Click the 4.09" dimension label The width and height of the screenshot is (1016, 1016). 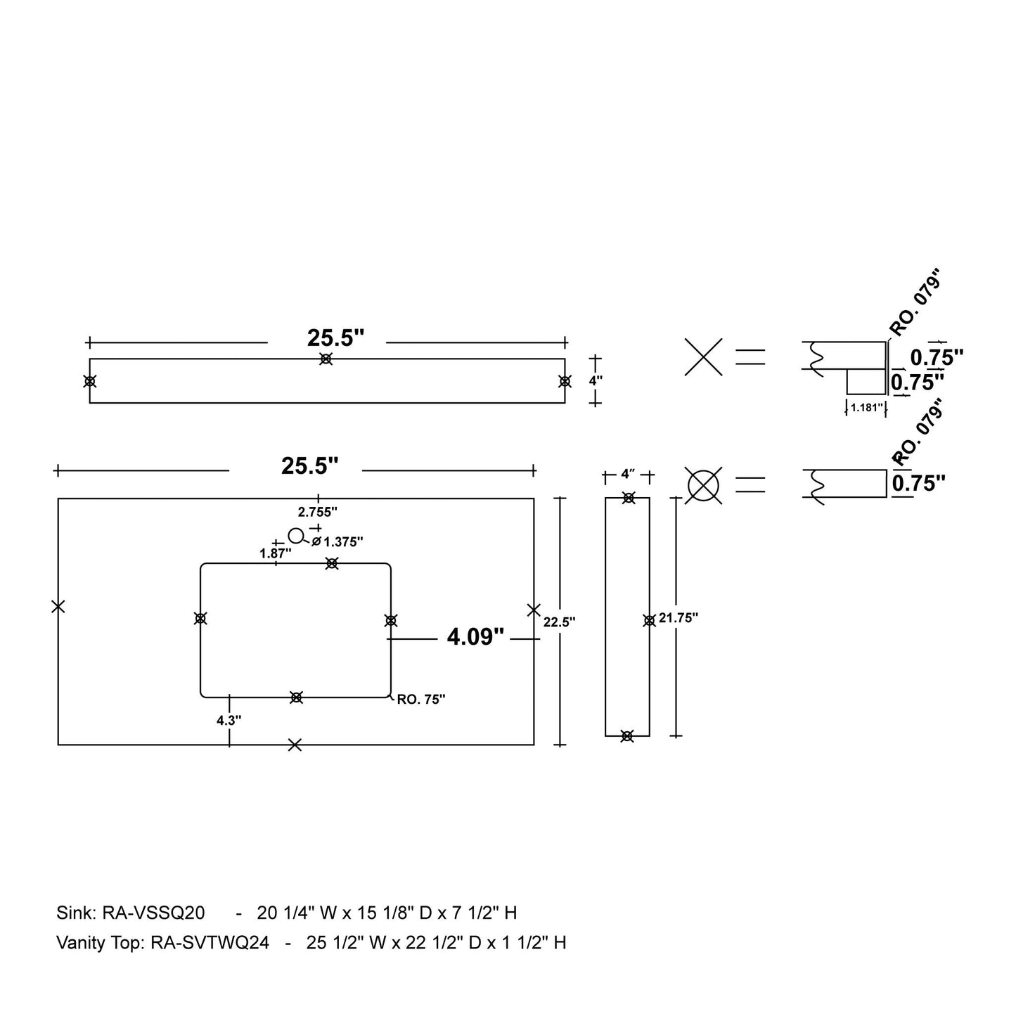(x=476, y=637)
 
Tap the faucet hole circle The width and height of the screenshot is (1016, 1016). (x=296, y=536)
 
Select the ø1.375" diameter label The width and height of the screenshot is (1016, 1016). (x=337, y=542)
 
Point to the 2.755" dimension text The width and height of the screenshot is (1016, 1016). (x=318, y=512)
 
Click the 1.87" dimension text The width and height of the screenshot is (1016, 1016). (x=275, y=553)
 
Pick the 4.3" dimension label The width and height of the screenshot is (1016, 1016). (x=229, y=720)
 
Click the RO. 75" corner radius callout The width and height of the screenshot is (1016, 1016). (x=421, y=700)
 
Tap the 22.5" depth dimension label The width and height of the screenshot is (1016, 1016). (x=559, y=622)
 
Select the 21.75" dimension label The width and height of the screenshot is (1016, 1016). (x=679, y=618)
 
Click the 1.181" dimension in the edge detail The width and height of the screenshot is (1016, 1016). (x=866, y=407)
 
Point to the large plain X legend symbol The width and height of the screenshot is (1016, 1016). (x=703, y=357)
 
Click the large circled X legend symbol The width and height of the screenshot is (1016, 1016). (x=704, y=485)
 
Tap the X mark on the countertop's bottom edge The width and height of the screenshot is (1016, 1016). (x=295, y=745)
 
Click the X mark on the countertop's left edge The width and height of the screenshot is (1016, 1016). (x=58, y=606)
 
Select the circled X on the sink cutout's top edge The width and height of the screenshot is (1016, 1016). (x=332, y=563)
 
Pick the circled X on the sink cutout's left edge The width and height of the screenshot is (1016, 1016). (x=200, y=619)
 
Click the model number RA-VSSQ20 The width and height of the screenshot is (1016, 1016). (x=153, y=913)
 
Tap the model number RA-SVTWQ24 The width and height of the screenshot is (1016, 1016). (x=210, y=943)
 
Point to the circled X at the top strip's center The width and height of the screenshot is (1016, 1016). (x=326, y=359)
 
